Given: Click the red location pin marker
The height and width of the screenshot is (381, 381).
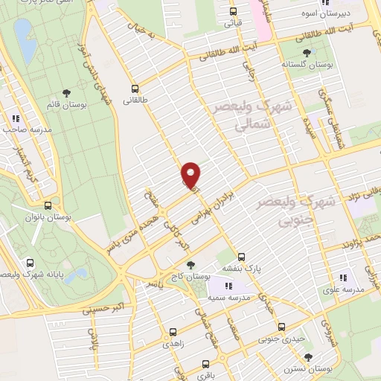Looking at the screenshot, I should [x=191, y=175].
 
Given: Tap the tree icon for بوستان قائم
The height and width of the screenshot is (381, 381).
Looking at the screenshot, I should [x=66, y=92].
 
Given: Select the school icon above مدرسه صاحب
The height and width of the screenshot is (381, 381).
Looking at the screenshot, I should [x=14, y=118].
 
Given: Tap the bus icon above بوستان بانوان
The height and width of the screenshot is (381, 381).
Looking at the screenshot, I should [x=48, y=205].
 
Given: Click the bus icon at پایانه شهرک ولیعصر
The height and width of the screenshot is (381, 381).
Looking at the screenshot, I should [x=31, y=263].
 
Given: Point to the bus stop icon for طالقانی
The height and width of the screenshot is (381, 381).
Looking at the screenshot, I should [x=135, y=86].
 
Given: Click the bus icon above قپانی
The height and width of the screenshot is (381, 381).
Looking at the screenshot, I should [x=233, y=11].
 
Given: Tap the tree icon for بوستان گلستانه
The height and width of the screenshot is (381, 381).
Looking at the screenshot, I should [x=307, y=52].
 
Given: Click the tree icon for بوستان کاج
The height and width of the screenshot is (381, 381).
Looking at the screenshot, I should [x=191, y=264].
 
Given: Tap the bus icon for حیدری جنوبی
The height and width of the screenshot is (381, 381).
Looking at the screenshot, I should [x=281, y=327].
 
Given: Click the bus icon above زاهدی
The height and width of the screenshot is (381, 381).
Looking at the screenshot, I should [x=173, y=333].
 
